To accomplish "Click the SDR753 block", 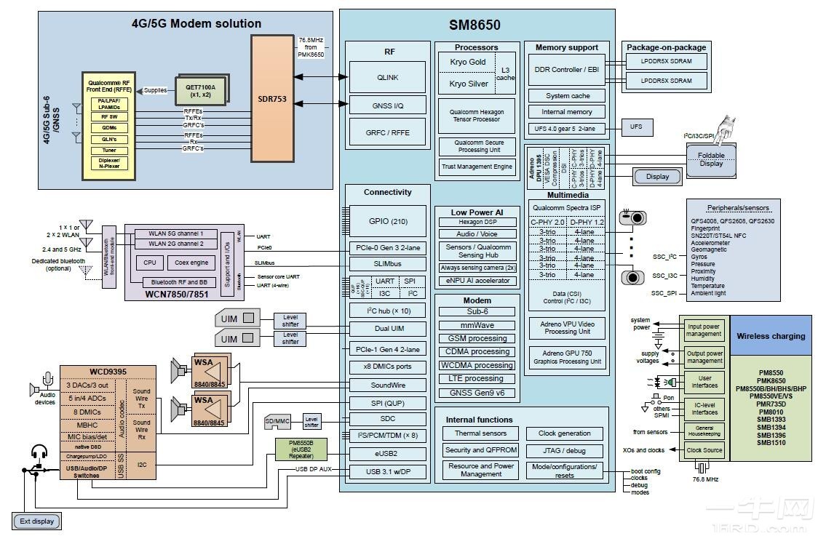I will pyautogui.click(x=272, y=99).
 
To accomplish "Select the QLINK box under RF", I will pyautogui.click(x=387, y=77).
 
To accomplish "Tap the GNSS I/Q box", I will pyautogui.click(x=387, y=105).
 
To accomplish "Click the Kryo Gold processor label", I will pyautogui.click(x=467, y=63).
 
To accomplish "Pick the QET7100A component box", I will pyautogui.click(x=200, y=89).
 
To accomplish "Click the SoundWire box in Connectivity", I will pyautogui.click(x=387, y=385).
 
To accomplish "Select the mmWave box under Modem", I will pyautogui.click(x=477, y=325).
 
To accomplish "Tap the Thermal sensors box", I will pyautogui.click(x=480, y=433).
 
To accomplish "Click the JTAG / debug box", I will pyautogui.click(x=564, y=450).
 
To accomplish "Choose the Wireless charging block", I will pyautogui.click(x=771, y=336).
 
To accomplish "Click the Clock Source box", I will pyautogui.click(x=704, y=450).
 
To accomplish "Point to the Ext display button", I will pyautogui.click(x=36, y=521).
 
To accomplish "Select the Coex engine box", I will pyautogui.click(x=192, y=263).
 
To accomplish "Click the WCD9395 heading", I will pyautogui.click(x=108, y=372).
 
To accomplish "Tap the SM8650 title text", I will pyautogui.click(x=474, y=25).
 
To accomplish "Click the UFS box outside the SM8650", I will pyautogui.click(x=636, y=127).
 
